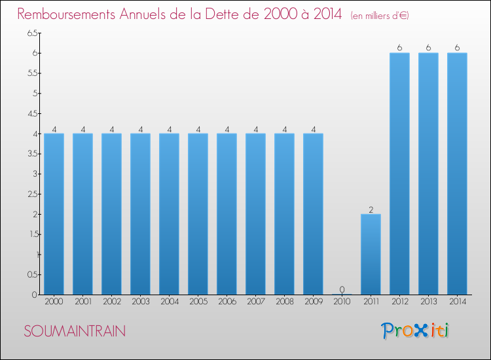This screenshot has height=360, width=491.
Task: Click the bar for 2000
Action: (54, 214)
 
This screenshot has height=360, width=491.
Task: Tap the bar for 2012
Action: (399, 173)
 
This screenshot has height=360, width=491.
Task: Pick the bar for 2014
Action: (457, 173)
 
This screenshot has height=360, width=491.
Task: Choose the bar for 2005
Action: (198, 214)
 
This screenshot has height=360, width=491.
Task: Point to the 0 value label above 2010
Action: (342, 289)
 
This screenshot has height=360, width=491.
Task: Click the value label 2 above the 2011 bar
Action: (371, 209)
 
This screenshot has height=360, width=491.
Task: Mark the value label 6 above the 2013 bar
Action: (428, 48)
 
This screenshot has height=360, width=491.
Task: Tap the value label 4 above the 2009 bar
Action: (313, 129)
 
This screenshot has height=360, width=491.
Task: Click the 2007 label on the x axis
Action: (255, 302)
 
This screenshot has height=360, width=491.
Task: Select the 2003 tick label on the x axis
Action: (140, 302)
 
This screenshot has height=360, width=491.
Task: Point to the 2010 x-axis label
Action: (342, 302)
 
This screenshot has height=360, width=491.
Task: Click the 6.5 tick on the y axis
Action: (32, 33)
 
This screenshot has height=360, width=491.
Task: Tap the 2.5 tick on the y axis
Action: (32, 194)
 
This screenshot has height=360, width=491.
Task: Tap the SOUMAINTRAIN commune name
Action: (75, 331)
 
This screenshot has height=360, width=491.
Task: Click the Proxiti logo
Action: (415, 331)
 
